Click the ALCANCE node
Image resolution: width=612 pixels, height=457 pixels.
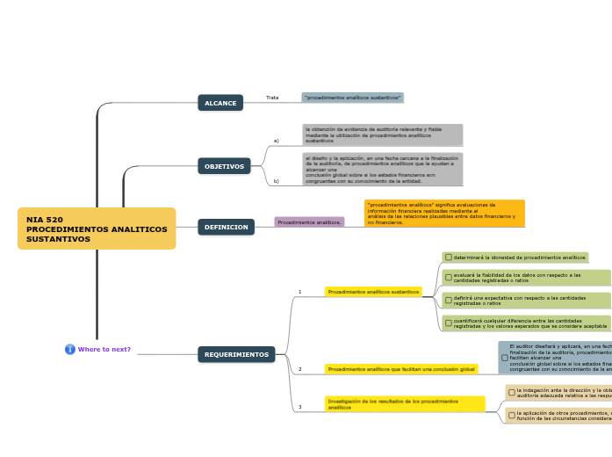[x=220, y=103]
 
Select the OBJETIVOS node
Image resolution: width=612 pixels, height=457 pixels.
[x=224, y=166]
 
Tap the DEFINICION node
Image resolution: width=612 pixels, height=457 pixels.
[x=226, y=227]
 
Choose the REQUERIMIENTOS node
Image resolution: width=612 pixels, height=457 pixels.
[x=236, y=354]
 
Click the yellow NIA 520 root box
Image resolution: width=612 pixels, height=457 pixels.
[x=97, y=228]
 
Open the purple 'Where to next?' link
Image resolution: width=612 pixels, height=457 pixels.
[x=104, y=349]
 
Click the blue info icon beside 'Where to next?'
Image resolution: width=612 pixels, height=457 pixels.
[x=70, y=349]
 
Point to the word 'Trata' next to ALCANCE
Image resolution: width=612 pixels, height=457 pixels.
[x=272, y=98]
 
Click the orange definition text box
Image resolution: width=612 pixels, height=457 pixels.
[x=444, y=214]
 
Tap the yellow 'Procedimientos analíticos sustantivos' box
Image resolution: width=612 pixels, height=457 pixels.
[x=373, y=292]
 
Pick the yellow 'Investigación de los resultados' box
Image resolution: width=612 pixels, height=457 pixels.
[x=405, y=404]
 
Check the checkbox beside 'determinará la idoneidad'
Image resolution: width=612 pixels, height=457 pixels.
[x=449, y=258]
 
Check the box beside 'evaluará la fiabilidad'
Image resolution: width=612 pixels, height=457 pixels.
[x=449, y=278]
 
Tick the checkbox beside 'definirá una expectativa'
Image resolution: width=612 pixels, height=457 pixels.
[x=449, y=301]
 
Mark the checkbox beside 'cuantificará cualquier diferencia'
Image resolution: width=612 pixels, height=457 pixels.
[x=449, y=323]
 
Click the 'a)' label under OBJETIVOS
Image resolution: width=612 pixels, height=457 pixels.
[x=276, y=141]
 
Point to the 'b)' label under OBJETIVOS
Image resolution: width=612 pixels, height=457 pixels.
[x=276, y=181]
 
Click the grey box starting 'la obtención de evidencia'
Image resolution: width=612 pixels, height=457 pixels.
[x=382, y=134]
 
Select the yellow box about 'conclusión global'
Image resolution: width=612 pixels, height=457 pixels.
[x=401, y=369]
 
